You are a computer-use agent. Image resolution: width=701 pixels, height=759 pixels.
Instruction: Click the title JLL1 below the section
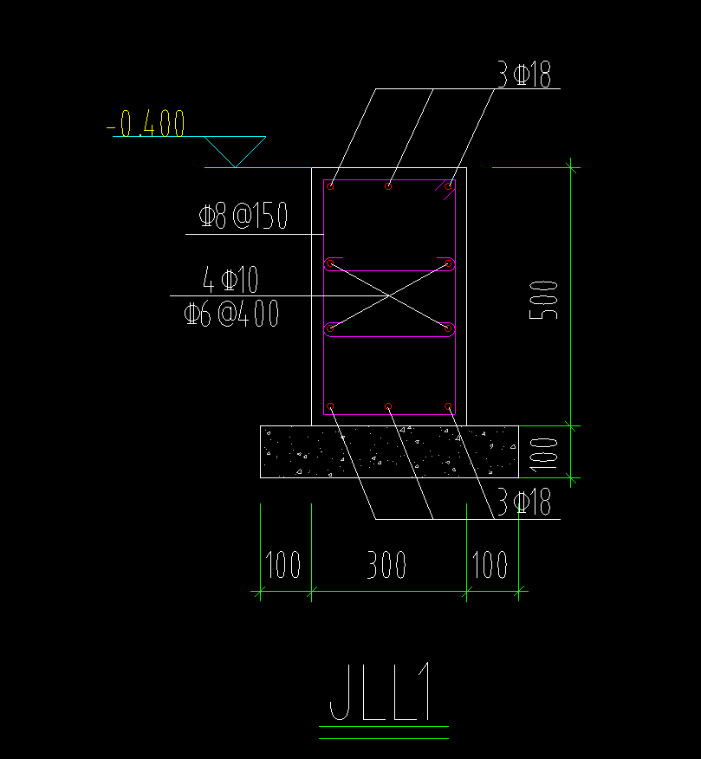[x=381, y=695]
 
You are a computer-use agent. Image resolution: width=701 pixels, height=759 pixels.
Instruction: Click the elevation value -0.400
[x=147, y=125]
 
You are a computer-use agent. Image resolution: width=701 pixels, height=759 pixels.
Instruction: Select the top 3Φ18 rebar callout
[x=524, y=76]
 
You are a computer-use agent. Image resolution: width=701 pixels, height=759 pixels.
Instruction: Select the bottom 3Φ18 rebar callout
[x=524, y=503]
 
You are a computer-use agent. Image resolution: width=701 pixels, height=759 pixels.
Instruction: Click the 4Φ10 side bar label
[x=230, y=279]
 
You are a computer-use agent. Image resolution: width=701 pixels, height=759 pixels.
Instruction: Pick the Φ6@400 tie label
[x=230, y=313]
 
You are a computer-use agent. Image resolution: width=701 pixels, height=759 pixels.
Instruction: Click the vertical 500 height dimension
[x=545, y=299]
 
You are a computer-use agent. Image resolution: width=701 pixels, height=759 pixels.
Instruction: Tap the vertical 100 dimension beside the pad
[x=545, y=451]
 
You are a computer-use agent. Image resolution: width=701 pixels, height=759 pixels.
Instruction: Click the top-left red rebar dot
[x=331, y=185]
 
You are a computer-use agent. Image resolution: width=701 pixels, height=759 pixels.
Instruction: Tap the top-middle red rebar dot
[x=388, y=185]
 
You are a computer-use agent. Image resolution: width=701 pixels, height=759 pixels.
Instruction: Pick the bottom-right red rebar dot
[x=449, y=406]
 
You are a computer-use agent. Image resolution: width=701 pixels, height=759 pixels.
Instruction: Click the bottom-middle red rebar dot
[x=388, y=406]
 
